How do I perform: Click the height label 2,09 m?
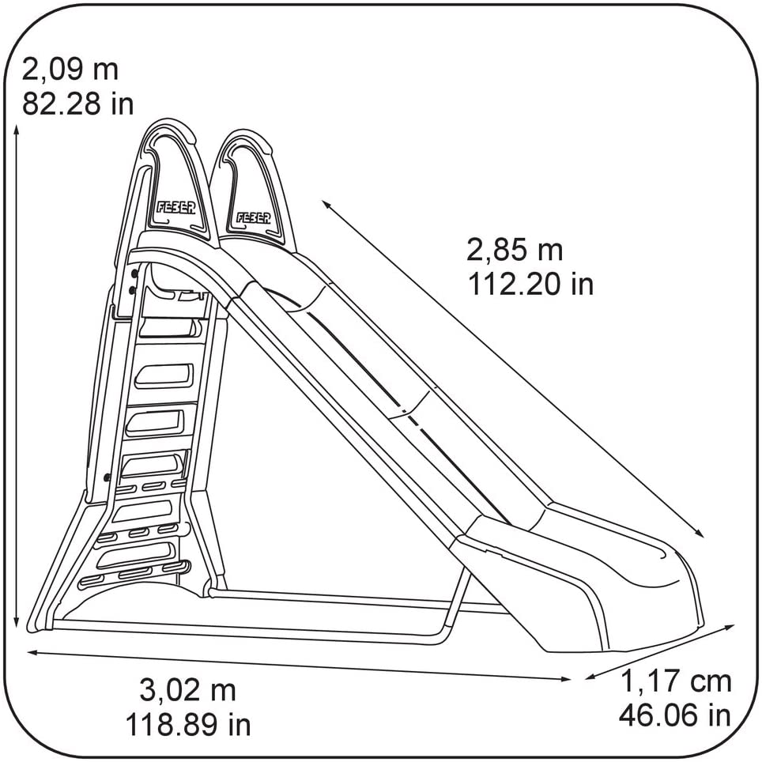(70, 70)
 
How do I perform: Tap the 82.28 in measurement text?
(77, 104)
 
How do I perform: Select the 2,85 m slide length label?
(515, 251)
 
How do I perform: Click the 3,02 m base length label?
(187, 690)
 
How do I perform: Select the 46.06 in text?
(674, 715)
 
